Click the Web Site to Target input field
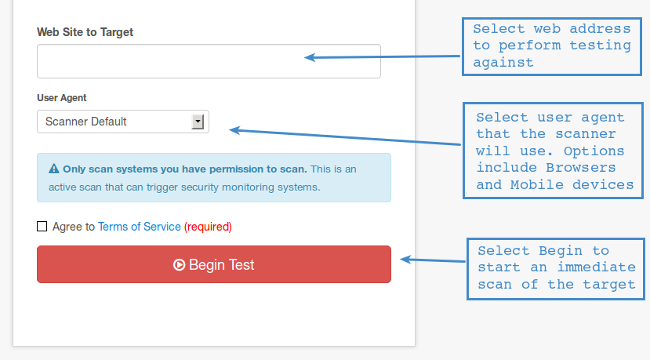point(209,61)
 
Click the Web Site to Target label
point(85,32)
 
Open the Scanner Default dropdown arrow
point(198,122)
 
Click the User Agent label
point(62,98)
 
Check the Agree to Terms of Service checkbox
point(42,226)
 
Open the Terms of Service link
point(140,227)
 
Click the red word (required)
point(208,227)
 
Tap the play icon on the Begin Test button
point(179,264)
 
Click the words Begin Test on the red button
point(221,264)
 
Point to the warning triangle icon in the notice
point(54,169)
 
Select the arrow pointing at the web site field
point(382,56)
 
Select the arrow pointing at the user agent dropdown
point(345,137)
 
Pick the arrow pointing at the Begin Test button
point(433,260)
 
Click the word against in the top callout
point(503,62)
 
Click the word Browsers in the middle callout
point(580,167)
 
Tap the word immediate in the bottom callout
point(596,267)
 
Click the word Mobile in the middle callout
point(537,184)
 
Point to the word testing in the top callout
point(601,45)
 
